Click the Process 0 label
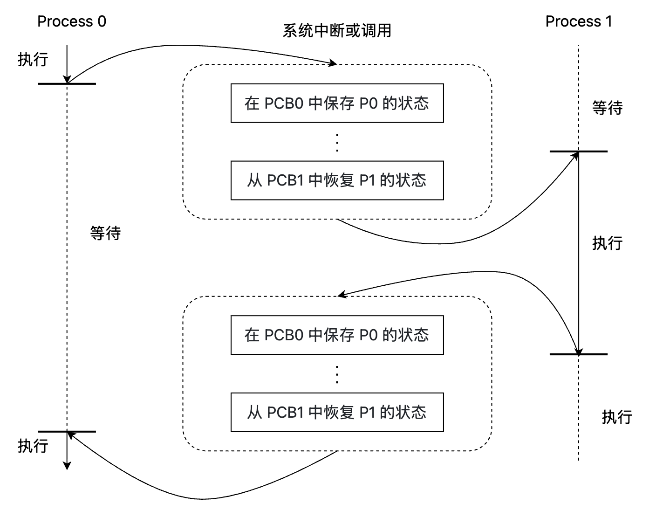click(x=72, y=21)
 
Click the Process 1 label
click(x=579, y=21)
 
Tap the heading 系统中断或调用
click(x=337, y=30)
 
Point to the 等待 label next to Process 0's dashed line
click(x=105, y=233)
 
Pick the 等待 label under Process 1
click(x=607, y=108)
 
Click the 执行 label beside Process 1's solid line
click(x=607, y=243)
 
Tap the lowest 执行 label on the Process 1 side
click(x=617, y=417)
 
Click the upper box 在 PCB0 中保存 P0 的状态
click(x=337, y=103)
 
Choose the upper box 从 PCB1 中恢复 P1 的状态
click(x=337, y=180)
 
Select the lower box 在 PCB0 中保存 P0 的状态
click(x=337, y=335)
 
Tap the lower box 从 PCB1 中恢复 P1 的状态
click(x=337, y=412)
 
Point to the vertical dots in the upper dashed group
click(x=337, y=142)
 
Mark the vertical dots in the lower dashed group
click(x=337, y=374)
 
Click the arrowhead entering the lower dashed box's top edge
click(x=342, y=295)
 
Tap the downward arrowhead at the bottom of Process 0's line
click(x=67, y=466)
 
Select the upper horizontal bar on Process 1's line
click(x=578, y=152)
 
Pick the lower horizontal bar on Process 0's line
click(x=67, y=432)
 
